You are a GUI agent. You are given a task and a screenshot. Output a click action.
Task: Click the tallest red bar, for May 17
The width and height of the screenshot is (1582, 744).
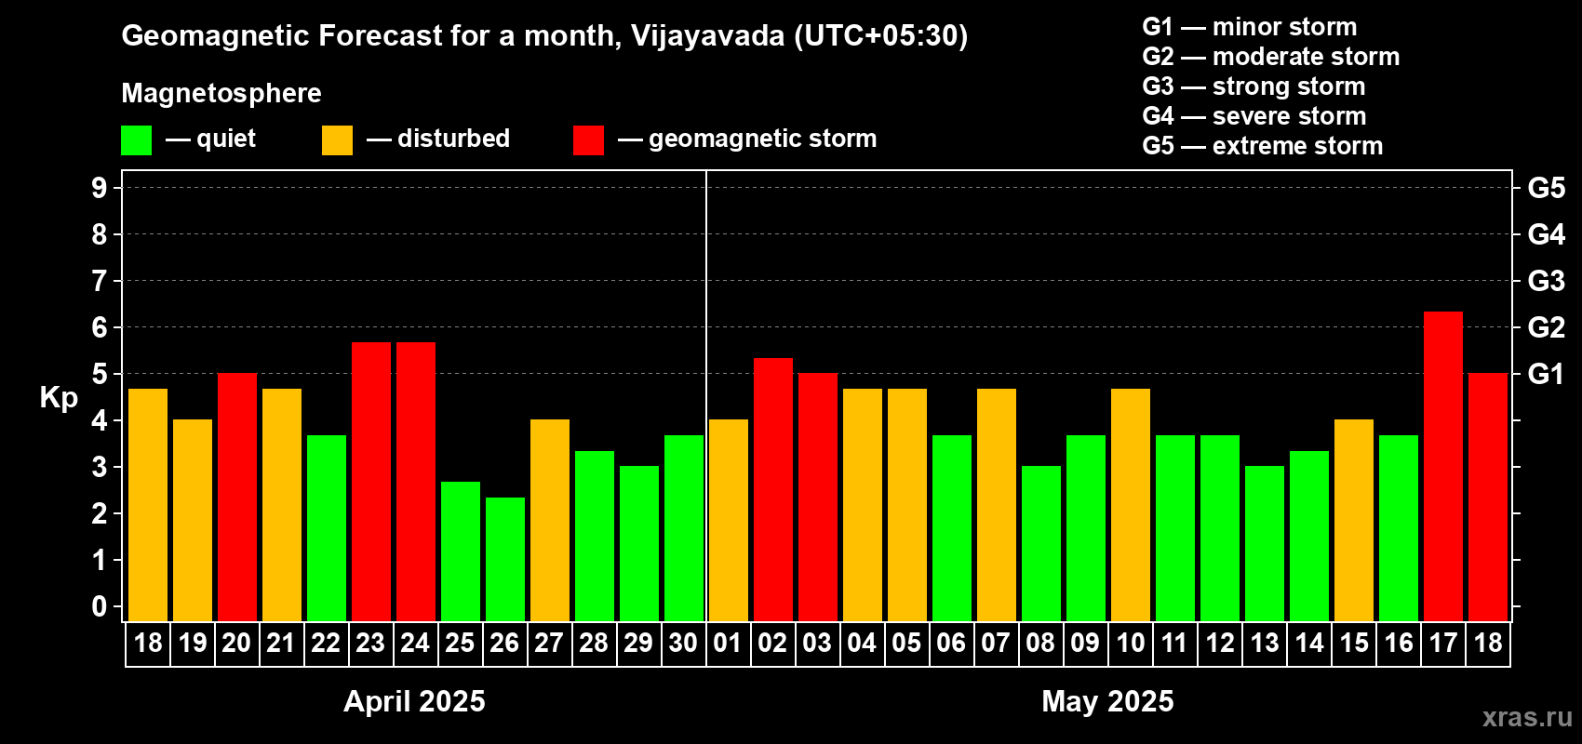point(1442,465)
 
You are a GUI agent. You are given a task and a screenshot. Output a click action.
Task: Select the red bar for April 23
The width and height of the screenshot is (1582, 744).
point(370,481)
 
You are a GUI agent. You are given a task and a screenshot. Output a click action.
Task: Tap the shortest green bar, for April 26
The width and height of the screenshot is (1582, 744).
point(504,559)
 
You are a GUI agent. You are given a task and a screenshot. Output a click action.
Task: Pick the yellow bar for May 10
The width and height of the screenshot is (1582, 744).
point(1130,504)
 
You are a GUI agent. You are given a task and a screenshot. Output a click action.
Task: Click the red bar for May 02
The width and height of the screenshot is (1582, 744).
point(772,489)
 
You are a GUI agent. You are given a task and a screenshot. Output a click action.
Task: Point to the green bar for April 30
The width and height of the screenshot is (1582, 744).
point(683,527)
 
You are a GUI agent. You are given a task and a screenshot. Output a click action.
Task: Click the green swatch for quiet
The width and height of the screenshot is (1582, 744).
point(136,140)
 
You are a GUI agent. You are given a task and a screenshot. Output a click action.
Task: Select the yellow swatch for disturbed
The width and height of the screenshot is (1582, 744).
point(337,140)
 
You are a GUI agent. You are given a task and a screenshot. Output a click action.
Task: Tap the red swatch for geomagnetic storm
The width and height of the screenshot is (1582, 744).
point(588,140)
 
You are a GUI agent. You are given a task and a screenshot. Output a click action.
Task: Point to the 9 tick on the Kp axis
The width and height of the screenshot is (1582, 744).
point(100,188)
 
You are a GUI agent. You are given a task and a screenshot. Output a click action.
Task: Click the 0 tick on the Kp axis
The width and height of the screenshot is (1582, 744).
point(100,606)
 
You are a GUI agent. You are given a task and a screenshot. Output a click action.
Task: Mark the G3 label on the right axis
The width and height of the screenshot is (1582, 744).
point(1546,281)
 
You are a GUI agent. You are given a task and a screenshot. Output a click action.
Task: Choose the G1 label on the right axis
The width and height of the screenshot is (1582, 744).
point(1546,374)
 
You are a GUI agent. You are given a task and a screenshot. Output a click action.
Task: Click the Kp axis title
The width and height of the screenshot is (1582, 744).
point(59,398)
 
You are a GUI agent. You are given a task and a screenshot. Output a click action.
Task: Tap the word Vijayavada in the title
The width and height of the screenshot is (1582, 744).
point(707,35)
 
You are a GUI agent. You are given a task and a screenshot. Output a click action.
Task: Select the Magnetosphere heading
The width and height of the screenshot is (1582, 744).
point(221,93)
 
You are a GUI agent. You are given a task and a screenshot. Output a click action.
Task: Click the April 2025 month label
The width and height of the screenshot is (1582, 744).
point(414,700)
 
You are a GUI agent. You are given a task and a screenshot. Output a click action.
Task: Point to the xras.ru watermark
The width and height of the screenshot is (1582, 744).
point(1526,717)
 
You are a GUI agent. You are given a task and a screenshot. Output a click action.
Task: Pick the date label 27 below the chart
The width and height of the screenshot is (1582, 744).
point(549,643)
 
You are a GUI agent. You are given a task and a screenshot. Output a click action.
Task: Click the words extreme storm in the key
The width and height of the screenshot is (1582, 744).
point(1297,146)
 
